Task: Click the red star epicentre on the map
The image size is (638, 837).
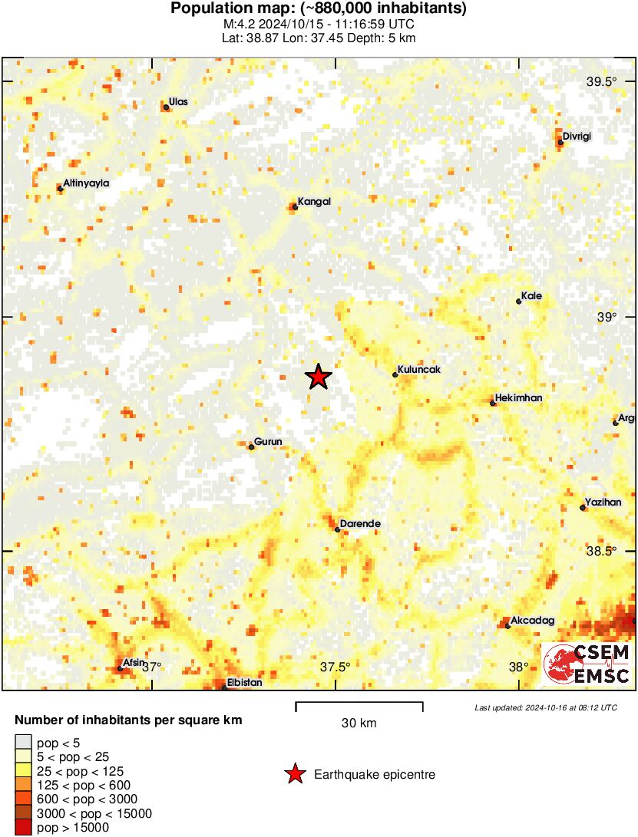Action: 318,377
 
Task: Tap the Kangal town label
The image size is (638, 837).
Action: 315,202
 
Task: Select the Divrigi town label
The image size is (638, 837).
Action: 577,137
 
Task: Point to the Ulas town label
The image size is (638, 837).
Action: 178,102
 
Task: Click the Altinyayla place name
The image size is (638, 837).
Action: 86,183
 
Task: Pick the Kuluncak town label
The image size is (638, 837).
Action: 418,370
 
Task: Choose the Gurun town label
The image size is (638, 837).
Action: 269,442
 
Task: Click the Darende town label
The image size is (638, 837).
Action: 360,524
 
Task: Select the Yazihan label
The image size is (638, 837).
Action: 603,503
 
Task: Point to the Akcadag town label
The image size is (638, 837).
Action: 532,621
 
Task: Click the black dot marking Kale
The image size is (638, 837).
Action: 519,302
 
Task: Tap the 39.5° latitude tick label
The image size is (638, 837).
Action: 602,82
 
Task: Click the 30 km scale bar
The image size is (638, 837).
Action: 359,703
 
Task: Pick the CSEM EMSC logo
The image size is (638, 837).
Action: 587,664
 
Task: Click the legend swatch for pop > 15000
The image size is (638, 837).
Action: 24,827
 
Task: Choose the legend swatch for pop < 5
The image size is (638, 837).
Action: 24,742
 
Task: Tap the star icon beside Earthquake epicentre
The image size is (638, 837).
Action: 294,775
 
